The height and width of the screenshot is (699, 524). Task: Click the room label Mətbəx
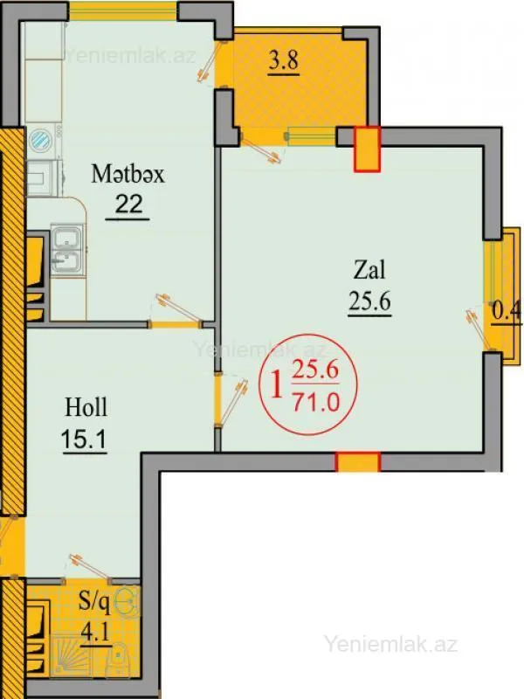click(x=128, y=174)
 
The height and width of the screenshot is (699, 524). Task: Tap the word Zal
click(x=369, y=268)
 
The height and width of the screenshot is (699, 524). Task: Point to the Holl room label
click(x=86, y=406)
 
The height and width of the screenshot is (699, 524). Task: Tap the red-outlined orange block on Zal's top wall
click(x=367, y=147)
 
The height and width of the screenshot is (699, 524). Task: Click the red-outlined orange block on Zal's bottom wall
click(x=358, y=462)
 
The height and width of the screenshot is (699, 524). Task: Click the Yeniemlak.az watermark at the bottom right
click(x=390, y=645)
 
